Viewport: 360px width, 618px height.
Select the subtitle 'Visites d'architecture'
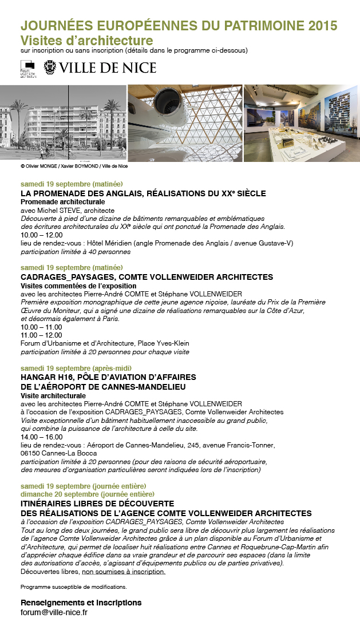click(x=87, y=41)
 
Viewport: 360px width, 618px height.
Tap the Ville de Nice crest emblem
click(x=50, y=68)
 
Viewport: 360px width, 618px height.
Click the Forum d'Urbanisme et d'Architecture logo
click(x=27, y=68)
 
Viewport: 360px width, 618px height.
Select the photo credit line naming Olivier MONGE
click(x=74, y=166)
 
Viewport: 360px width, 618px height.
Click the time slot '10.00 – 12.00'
click(x=41, y=235)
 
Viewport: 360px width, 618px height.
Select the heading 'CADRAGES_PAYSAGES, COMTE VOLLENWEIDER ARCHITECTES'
click(x=139, y=277)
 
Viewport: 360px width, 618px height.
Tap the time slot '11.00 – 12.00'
click(x=41, y=335)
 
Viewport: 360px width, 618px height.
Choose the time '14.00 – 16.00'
click(x=41, y=437)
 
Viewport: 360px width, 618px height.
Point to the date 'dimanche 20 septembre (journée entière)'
click(x=88, y=494)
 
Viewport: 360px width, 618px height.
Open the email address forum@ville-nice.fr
click(x=54, y=612)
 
